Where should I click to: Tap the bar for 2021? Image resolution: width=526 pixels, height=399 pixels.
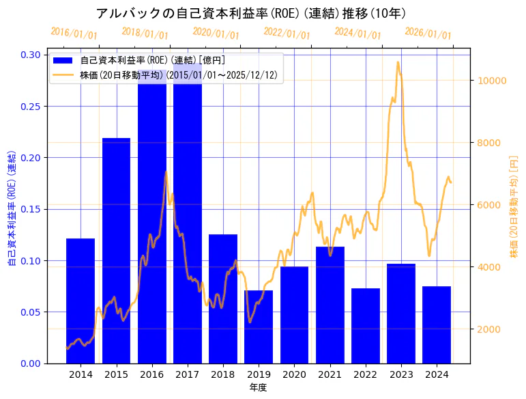coord(330,305)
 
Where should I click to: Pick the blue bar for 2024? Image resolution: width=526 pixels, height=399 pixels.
coord(437,325)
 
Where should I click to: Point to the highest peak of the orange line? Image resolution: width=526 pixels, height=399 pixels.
coord(398,62)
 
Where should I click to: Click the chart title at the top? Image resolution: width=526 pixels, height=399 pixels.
coord(251,14)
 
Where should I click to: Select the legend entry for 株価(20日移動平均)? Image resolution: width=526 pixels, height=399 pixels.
coord(178,75)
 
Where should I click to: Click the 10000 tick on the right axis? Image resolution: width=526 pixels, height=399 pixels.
coord(491,81)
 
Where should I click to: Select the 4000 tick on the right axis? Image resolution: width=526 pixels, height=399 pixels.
coord(488,267)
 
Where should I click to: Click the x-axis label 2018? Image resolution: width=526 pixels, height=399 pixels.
coord(223,374)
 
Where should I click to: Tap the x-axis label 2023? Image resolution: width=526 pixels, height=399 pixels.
coord(401,374)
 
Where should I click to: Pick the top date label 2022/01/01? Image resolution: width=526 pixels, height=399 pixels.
coord(287,33)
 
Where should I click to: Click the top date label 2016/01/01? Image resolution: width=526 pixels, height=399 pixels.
coord(74,33)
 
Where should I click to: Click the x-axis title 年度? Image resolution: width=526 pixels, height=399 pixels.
coord(258,387)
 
